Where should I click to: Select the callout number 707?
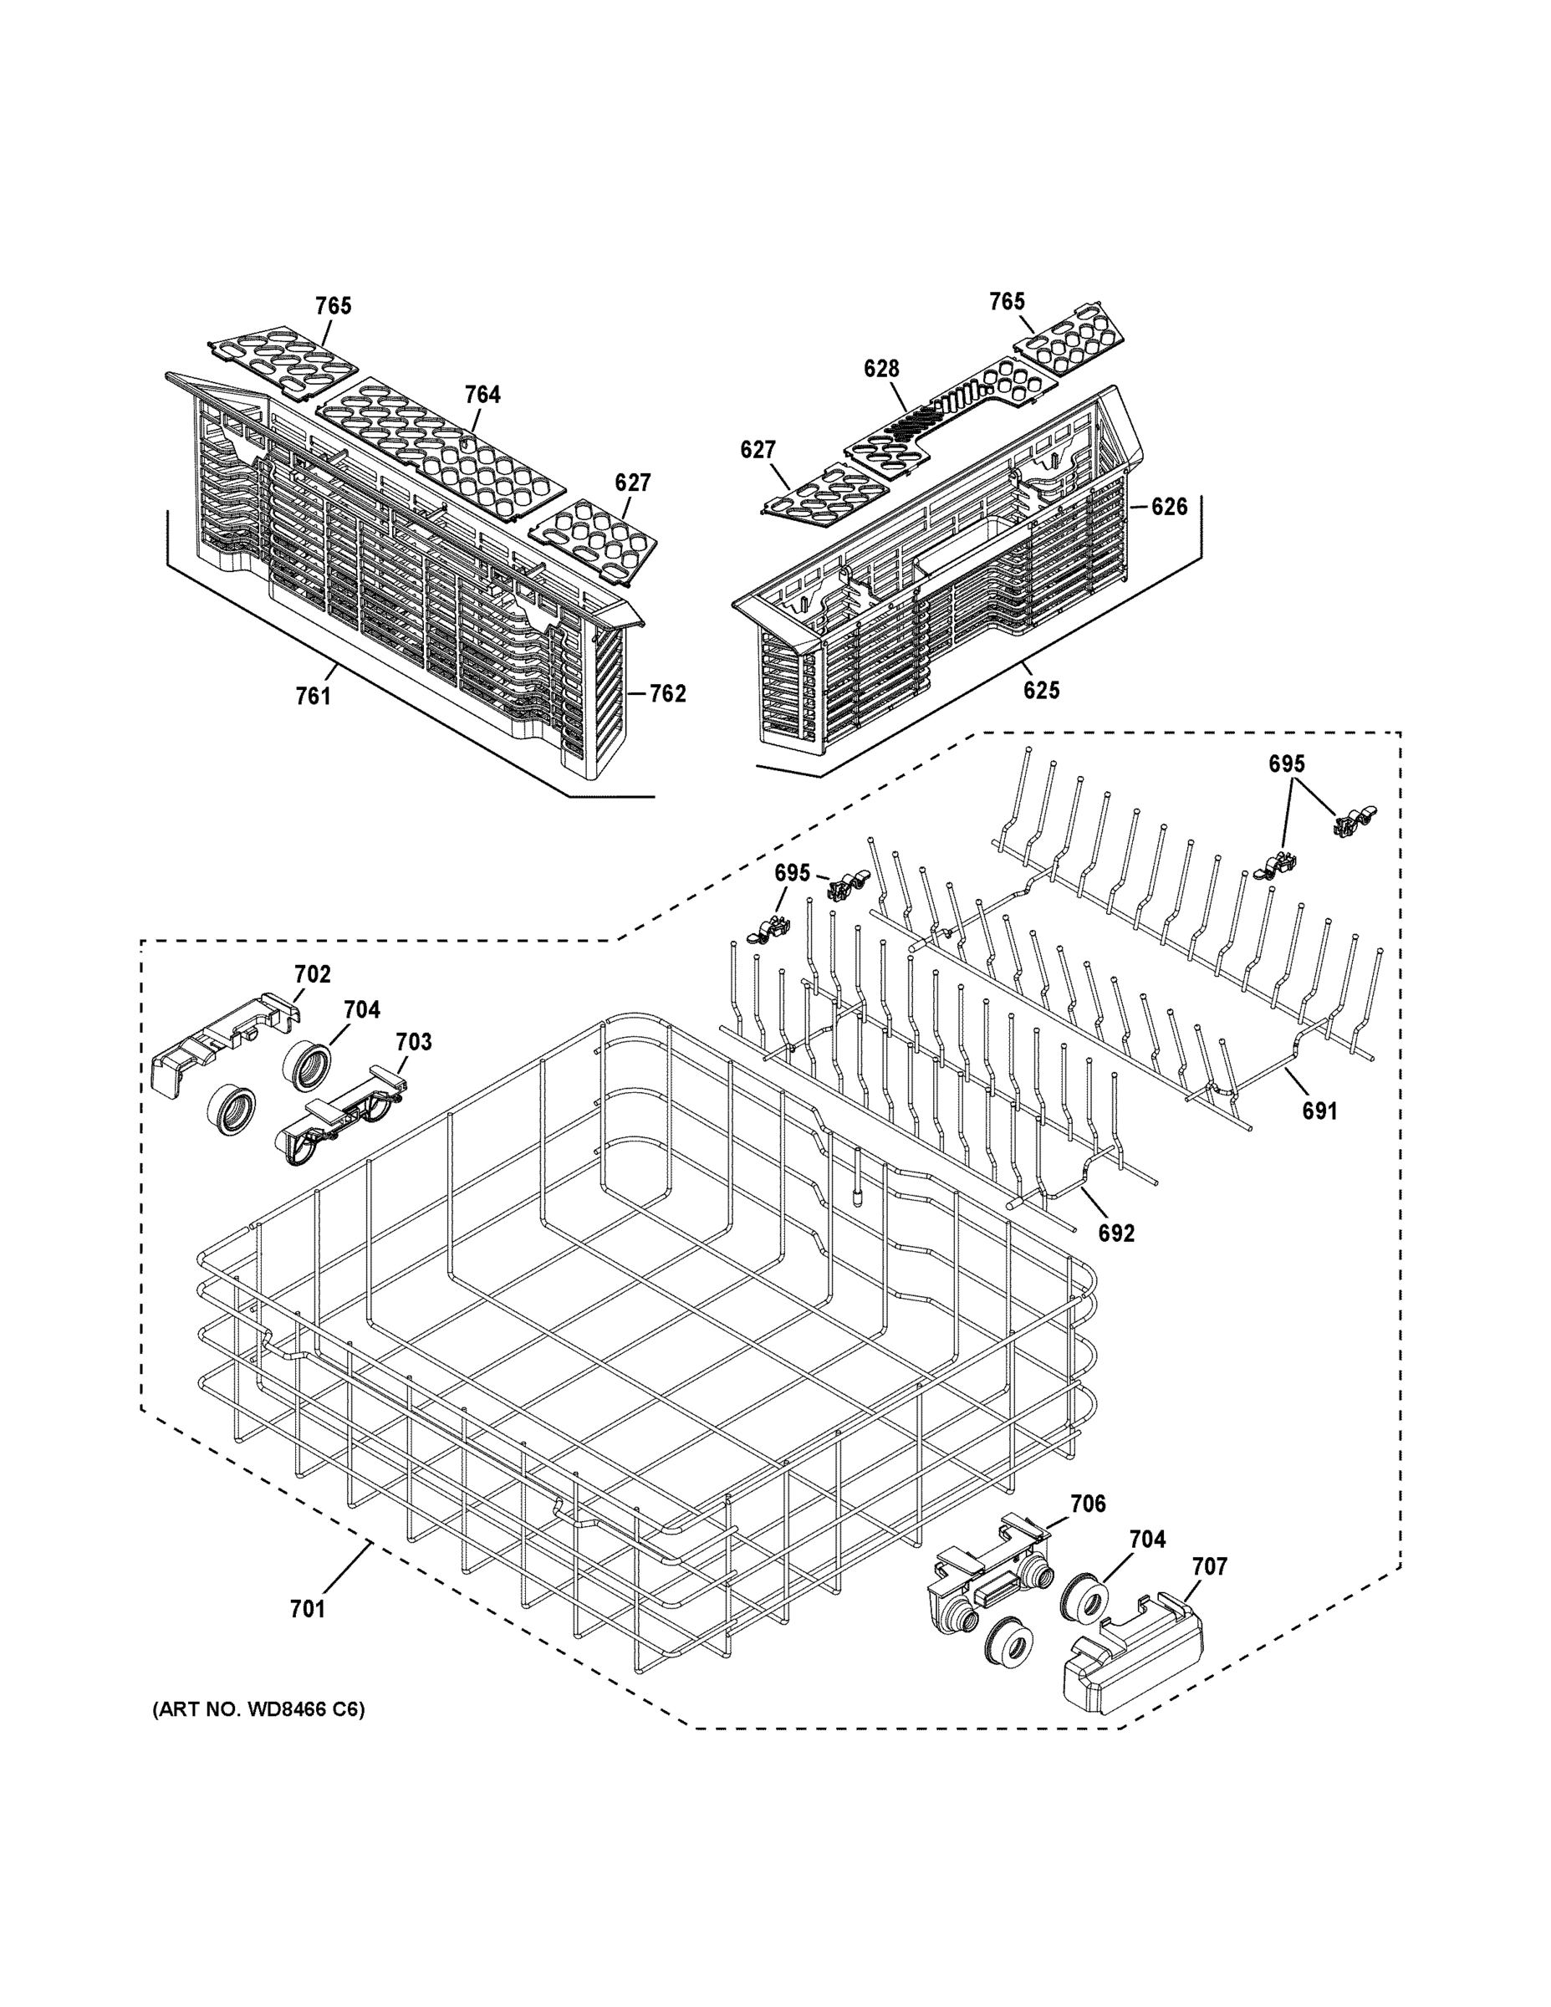1208,1566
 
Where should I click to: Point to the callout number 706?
1088,1504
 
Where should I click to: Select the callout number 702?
313,974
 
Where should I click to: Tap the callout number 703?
414,1042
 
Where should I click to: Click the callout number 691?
1319,1111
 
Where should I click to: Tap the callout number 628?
881,369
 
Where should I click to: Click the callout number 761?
313,697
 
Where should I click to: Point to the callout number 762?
668,694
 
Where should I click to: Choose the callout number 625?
1042,689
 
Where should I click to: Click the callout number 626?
1169,506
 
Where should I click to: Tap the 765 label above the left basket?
334,306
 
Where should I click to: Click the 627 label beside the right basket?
758,449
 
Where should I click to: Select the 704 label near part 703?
362,1010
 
